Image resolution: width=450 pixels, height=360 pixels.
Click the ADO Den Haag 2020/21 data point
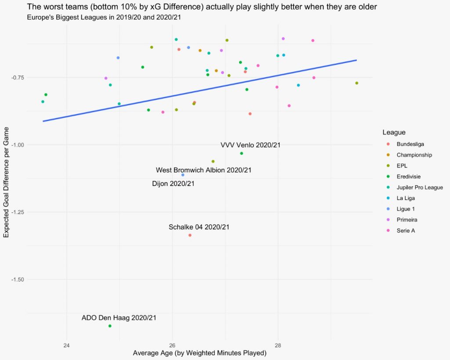point(110,326)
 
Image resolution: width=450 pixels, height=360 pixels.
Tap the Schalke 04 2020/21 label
point(199,227)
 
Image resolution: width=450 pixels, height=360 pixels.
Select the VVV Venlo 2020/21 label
point(250,145)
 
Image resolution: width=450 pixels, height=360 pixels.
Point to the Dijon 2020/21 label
point(173,183)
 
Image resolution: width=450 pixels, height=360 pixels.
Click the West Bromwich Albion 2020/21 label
point(204,170)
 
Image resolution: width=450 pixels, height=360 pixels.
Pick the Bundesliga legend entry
point(410,144)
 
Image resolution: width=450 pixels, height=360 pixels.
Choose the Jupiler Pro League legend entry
point(419,187)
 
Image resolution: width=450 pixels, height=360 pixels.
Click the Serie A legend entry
point(406,230)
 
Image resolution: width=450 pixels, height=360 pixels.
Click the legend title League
point(394,132)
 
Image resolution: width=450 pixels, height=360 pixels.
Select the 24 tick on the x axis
point(67,344)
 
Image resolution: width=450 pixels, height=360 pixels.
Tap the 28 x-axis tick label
point(278,344)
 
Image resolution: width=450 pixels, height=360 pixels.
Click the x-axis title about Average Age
point(200,353)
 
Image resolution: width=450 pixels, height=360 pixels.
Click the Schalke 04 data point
point(190,235)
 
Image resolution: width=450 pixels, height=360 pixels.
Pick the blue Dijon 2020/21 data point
point(183,175)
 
